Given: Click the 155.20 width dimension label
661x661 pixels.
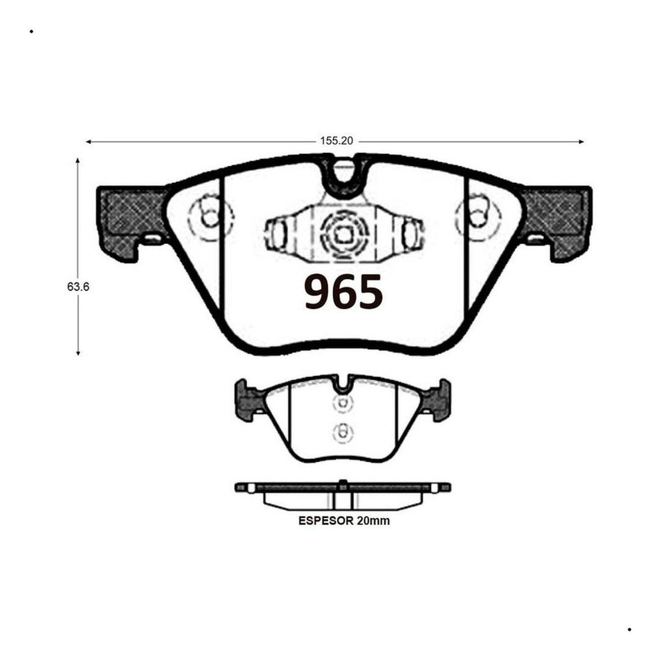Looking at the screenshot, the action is click(x=336, y=141).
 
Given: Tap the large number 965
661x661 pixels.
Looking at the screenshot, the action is click(x=344, y=292).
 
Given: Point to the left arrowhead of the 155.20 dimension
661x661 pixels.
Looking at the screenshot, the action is click(x=88, y=142).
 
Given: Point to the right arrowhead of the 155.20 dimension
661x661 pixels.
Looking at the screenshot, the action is click(x=581, y=142).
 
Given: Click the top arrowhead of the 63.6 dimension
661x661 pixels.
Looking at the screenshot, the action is click(x=78, y=161).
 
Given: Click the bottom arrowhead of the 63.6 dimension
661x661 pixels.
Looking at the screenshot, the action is click(x=78, y=352).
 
